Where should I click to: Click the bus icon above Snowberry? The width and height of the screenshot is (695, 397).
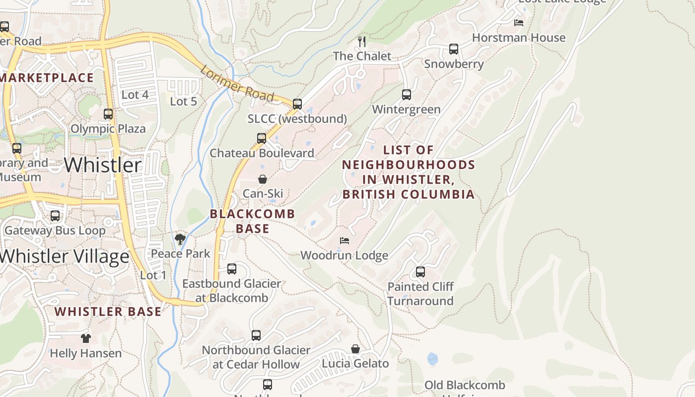click(453, 49)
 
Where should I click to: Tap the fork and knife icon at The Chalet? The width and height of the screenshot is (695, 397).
click(362, 41)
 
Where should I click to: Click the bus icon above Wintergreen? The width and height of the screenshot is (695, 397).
click(407, 94)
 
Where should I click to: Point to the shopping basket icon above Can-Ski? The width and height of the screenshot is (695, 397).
click(262, 179)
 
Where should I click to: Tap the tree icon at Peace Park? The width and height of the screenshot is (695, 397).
click(180, 240)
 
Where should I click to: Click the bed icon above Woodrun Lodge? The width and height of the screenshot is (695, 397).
click(345, 241)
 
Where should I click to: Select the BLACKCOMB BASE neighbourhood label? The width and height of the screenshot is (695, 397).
click(252, 221)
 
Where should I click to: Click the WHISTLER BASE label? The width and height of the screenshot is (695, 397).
click(108, 312)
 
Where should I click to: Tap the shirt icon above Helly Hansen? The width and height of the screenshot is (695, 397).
click(86, 338)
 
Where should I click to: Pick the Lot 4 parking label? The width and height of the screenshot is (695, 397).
click(135, 94)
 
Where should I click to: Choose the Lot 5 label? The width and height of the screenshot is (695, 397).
click(183, 102)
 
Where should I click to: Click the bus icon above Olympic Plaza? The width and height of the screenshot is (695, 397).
click(108, 114)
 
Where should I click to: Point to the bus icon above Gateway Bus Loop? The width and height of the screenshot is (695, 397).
click(55, 216)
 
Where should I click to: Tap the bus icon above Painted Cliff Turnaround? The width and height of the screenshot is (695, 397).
click(420, 272)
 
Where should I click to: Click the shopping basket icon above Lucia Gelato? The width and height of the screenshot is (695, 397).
click(355, 349)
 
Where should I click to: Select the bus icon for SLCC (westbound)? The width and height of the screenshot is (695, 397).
click(297, 104)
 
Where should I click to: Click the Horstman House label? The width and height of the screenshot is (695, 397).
click(518, 38)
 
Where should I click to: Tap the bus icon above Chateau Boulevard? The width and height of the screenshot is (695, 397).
click(262, 138)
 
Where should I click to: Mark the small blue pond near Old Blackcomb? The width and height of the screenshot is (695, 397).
click(432, 359)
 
